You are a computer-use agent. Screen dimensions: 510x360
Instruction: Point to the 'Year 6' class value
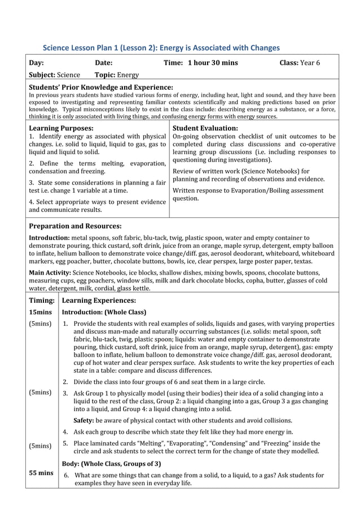pos(310,63)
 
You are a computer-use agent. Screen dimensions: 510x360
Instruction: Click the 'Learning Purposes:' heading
pos(61,128)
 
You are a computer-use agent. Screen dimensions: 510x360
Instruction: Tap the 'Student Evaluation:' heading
pos(205,128)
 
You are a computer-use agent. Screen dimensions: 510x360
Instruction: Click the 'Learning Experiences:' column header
pos(99,300)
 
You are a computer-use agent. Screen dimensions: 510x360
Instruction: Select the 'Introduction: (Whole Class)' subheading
pos(104,312)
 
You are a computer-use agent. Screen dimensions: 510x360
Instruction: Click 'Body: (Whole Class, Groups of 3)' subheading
pos(111,464)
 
